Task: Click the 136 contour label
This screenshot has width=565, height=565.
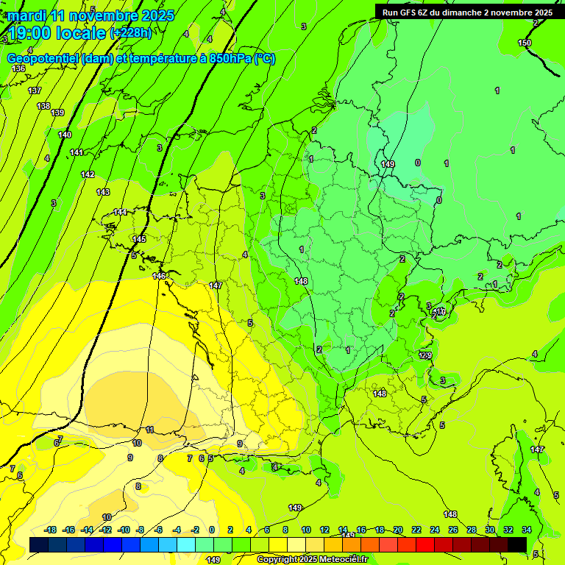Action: [18, 68]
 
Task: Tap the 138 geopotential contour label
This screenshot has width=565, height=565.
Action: [43, 106]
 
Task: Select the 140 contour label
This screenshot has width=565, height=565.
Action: [65, 135]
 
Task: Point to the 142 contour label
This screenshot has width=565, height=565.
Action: [88, 174]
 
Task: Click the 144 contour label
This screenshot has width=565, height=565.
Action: [120, 212]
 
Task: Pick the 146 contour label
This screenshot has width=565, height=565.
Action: [159, 276]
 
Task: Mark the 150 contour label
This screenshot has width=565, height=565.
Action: [524, 43]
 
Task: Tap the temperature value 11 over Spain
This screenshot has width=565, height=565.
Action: [149, 430]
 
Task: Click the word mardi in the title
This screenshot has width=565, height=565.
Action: [27, 15]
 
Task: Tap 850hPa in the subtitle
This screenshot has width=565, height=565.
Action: [227, 59]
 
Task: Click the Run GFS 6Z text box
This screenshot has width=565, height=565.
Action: [467, 13]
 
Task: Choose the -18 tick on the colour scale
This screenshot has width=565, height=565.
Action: [51, 530]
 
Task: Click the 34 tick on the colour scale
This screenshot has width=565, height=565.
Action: [527, 530]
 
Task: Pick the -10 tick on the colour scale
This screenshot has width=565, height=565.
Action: [124, 530]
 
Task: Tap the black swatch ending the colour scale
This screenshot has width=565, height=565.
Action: [517, 544]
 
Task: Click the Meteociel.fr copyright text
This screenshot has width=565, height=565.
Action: [312, 559]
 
